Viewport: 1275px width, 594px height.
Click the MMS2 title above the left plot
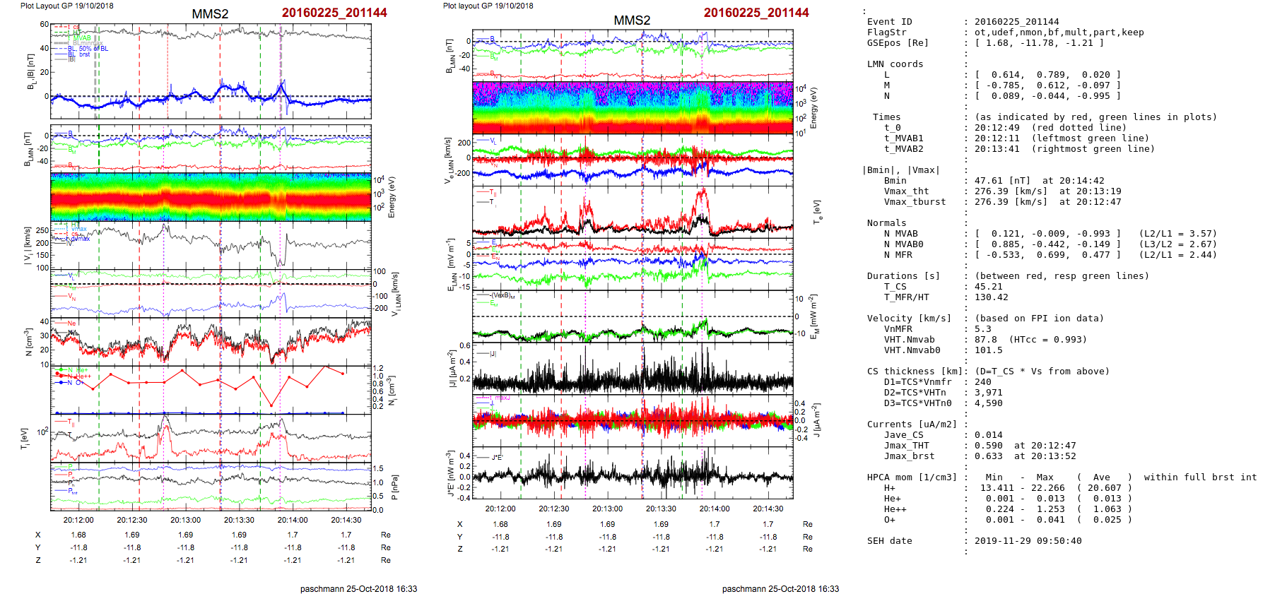tap(210, 14)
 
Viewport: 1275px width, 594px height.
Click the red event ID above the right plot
tap(756, 13)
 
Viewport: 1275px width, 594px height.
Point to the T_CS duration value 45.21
tap(988, 287)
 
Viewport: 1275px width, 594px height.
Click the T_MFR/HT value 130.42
tap(991, 297)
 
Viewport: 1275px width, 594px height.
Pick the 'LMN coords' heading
tap(895, 64)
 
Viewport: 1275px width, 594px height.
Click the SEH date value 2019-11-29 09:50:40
tap(1028, 541)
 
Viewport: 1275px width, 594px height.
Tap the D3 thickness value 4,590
tap(988, 403)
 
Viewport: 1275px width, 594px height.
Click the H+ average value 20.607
tap(1104, 488)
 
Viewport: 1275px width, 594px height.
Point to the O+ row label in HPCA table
tap(889, 520)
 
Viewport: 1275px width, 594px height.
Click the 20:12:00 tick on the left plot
tap(78, 520)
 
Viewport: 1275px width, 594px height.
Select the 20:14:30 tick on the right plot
tap(768, 509)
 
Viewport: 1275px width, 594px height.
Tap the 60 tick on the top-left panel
tap(45, 25)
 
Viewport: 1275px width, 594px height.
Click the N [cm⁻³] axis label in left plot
tap(29, 342)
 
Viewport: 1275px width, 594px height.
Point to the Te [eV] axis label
tap(818, 211)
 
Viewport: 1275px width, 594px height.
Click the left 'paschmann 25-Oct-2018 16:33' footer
tap(358, 588)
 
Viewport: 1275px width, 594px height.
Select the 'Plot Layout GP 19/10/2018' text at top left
tap(66, 6)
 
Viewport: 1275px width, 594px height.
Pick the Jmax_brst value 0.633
tap(988, 456)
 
